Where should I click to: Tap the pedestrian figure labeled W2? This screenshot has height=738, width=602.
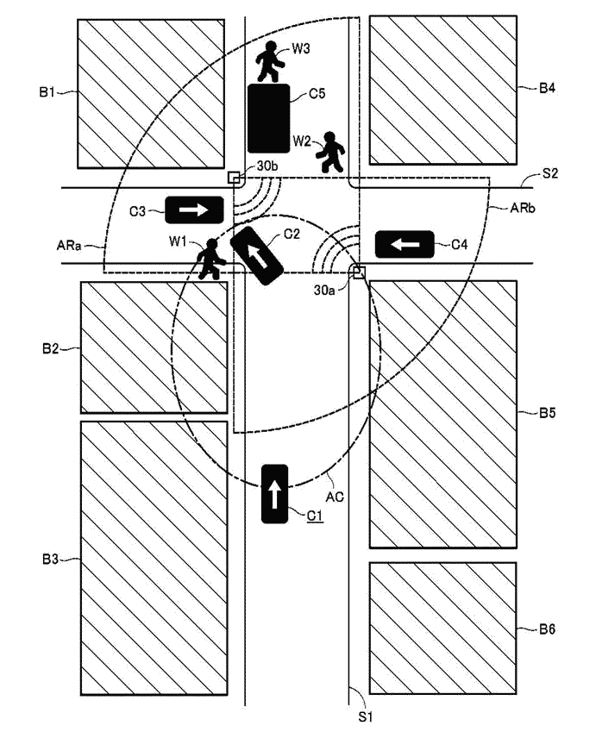click(x=330, y=152)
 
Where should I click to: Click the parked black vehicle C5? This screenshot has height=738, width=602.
click(x=268, y=118)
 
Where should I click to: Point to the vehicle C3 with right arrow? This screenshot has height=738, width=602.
click(x=194, y=209)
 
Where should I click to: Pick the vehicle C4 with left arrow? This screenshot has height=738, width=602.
click(x=404, y=245)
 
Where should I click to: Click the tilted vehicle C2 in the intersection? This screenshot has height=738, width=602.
click(x=257, y=254)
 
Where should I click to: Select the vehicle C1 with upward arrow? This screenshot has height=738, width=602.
click(x=274, y=493)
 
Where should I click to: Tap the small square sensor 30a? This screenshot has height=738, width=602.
click(x=359, y=272)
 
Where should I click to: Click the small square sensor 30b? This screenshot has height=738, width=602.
click(x=234, y=178)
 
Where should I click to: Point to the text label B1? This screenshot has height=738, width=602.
click(x=48, y=90)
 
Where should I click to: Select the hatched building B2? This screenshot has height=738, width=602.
click(x=154, y=347)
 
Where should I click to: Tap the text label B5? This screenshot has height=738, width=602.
click(x=547, y=413)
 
